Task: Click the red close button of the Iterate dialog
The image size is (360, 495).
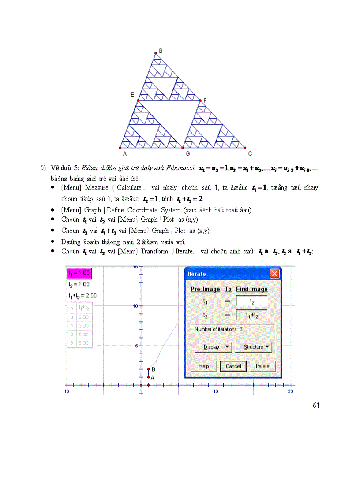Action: coord(274,274)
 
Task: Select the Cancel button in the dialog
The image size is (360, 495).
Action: coord(233,366)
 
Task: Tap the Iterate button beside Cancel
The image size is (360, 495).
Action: coord(262,366)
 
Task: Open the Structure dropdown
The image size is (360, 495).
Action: coord(253,347)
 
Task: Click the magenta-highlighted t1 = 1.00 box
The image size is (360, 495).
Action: coord(79,273)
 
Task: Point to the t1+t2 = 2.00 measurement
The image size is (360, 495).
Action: coord(82,295)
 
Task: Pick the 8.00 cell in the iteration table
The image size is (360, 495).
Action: coord(83,343)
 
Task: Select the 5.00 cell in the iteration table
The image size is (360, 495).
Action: coord(83,334)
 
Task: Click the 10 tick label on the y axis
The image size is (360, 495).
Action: coord(136,306)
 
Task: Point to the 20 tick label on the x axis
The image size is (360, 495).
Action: coord(290,391)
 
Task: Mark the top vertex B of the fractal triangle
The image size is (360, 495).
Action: coord(156,54)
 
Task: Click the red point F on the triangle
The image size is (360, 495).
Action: coord(200,101)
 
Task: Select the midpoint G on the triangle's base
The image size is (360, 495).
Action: coord(182,148)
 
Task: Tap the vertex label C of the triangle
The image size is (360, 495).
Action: coord(250,154)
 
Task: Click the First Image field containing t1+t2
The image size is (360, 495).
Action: coord(252,315)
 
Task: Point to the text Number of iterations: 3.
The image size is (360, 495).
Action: coord(219,329)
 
